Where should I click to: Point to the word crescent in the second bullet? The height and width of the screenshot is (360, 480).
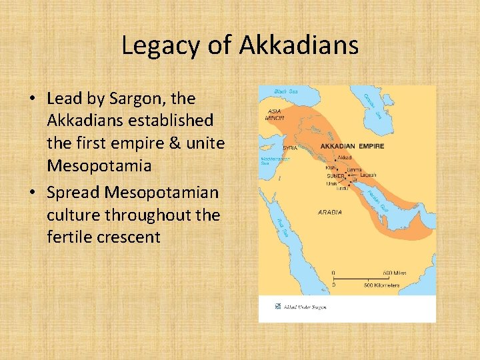tap(129, 236)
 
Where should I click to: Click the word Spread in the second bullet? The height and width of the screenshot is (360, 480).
tap(75, 192)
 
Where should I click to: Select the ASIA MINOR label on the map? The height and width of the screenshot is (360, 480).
tap(275, 115)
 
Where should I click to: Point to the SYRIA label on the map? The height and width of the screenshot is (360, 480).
tap(290, 147)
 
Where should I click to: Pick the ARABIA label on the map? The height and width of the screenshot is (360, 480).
tap(331, 213)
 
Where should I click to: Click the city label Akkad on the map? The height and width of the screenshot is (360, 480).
tap(345, 158)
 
